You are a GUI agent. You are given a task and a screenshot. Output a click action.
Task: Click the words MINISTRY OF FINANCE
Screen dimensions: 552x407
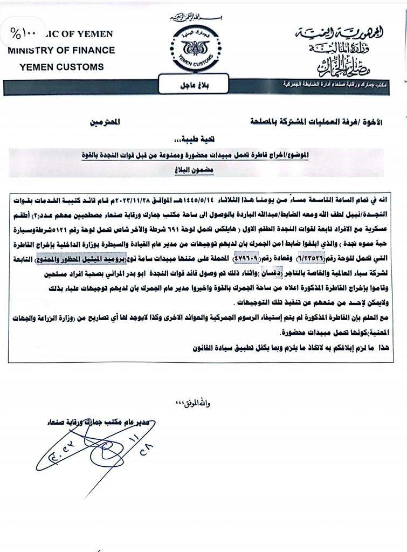click(61, 50)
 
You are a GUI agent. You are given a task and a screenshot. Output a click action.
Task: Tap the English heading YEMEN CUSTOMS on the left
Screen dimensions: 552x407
click(61, 67)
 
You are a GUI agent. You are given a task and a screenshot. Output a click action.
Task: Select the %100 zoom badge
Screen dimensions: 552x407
click(22, 33)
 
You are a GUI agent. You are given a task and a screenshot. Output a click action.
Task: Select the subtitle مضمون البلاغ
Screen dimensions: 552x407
click(205, 167)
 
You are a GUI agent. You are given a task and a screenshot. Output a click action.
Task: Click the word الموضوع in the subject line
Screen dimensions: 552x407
click(368, 155)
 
